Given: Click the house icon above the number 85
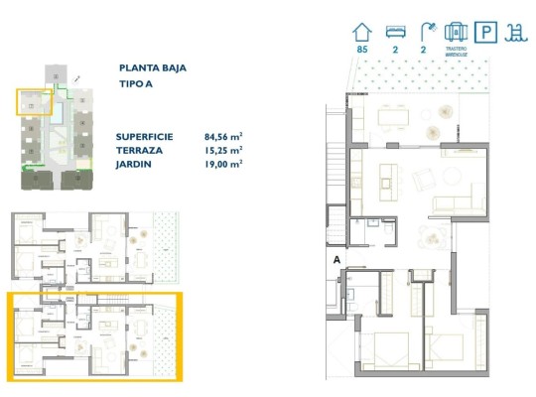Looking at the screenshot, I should (x=361, y=30).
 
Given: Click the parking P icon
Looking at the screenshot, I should (x=486, y=31).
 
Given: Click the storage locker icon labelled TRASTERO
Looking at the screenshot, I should (x=455, y=31).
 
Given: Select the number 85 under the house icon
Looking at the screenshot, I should (x=361, y=49).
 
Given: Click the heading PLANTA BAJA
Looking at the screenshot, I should (x=152, y=68).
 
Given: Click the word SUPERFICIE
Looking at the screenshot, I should (x=144, y=138).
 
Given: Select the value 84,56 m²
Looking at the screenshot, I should (x=223, y=138).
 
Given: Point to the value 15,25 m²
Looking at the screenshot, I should (x=223, y=151).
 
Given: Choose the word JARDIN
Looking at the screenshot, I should (x=134, y=164).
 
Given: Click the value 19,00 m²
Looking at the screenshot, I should (x=223, y=164).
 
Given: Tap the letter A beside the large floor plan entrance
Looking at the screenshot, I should (x=338, y=260).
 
